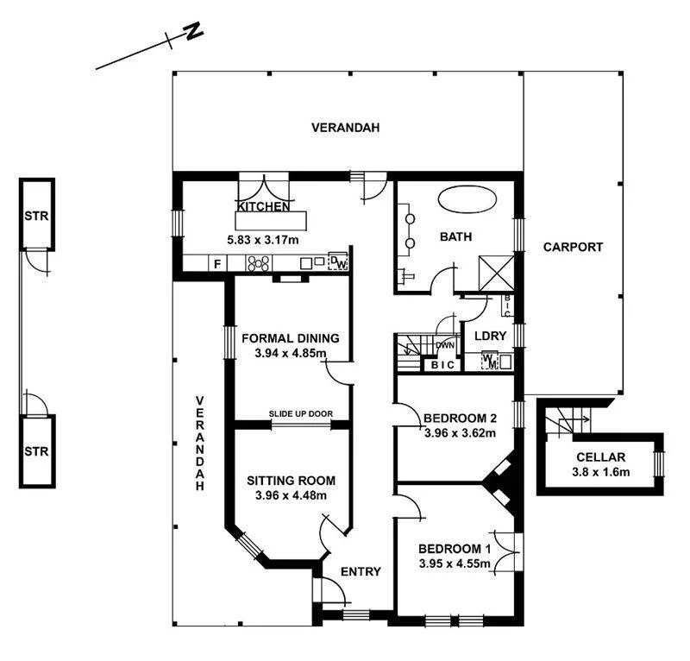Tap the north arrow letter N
click(x=194, y=33)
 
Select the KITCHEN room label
click(x=263, y=207)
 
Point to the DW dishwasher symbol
click(x=339, y=262)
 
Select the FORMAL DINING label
click(x=291, y=338)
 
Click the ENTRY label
click(x=361, y=571)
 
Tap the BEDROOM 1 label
click(x=455, y=549)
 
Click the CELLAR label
click(x=601, y=456)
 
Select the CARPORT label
click(x=573, y=247)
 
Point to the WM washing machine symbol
click(x=490, y=361)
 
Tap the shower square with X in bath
click(x=498, y=274)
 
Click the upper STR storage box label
click(x=36, y=215)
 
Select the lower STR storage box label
click(x=36, y=450)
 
